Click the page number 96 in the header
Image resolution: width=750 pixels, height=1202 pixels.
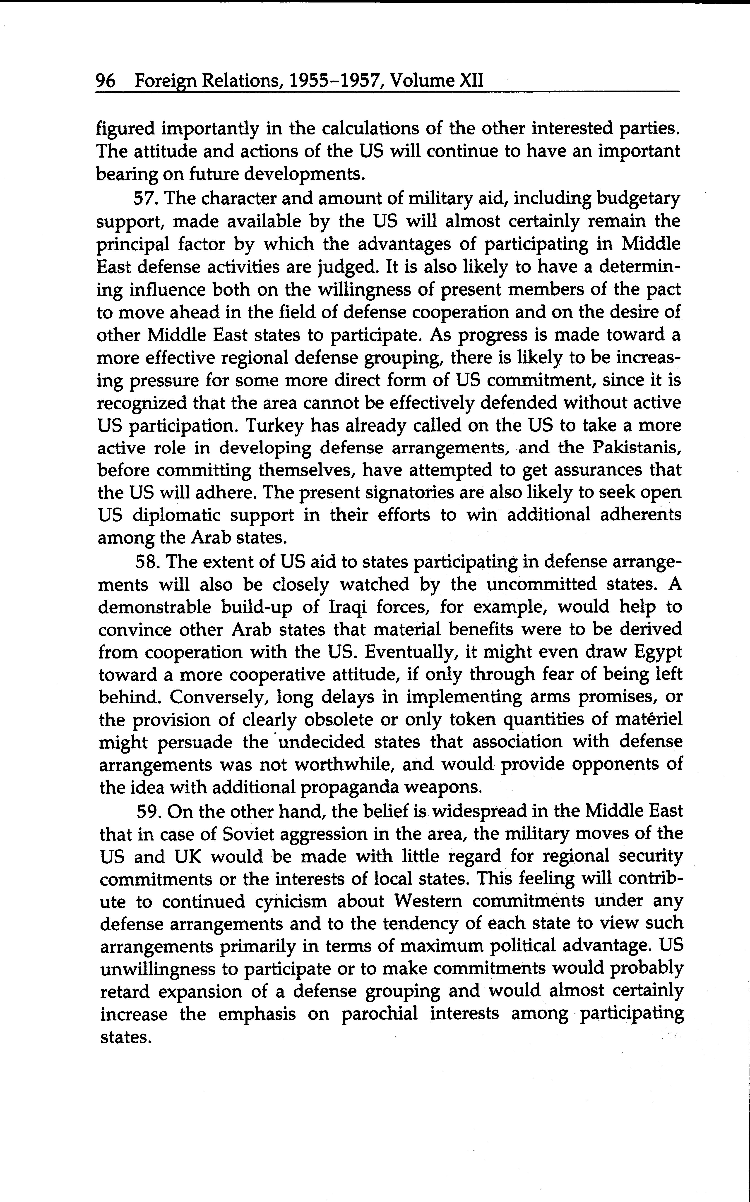pyautogui.click(x=106, y=80)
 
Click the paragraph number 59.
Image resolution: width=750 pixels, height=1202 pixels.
pyautogui.click(x=149, y=811)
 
